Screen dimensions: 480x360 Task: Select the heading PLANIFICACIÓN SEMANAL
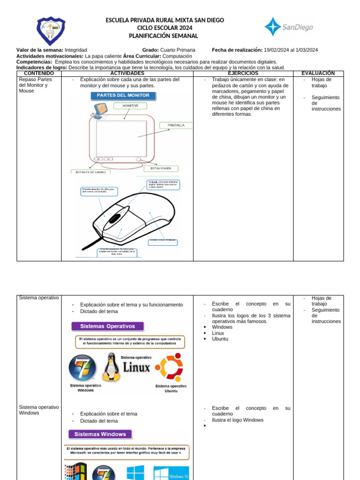pos(163,36)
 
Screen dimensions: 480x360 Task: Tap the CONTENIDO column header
pos(38,74)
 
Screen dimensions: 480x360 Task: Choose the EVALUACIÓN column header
pos(318,74)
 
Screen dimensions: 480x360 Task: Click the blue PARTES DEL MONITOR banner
pos(123,96)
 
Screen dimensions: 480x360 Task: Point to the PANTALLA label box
pos(176,125)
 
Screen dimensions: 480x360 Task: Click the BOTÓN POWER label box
pos(161,168)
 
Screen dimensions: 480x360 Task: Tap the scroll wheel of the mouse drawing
pos(115,218)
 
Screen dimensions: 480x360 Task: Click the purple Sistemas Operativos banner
pos(107,326)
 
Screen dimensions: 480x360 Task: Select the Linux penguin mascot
pos(111,367)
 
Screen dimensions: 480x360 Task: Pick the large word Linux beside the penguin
pos(136,367)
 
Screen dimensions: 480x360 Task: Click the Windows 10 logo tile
pos(172,472)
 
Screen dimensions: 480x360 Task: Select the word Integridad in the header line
pos(76,50)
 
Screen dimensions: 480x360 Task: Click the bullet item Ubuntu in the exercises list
pos(220,339)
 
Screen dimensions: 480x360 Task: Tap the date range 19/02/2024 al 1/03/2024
pos(291,50)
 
